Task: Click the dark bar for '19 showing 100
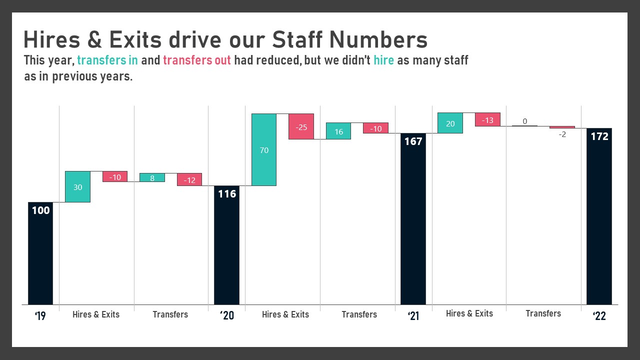click(x=40, y=253)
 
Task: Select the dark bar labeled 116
click(x=226, y=245)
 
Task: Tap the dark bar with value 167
click(x=413, y=218)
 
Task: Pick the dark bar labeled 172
click(x=599, y=216)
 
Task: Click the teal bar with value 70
click(x=264, y=149)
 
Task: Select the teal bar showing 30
click(x=77, y=186)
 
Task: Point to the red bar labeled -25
click(x=301, y=126)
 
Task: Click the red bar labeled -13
click(x=487, y=119)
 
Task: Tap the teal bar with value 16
click(x=338, y=131)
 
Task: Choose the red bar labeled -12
click(x=189, y=179)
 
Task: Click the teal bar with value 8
click(x=152, y=177)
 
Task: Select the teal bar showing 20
click(x=450, y=123)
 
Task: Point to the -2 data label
click(x=562, y=134)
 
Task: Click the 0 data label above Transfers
click(x=524, y=121)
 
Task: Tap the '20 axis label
click(x=226, y=315)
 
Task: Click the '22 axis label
click(x=599, y=315)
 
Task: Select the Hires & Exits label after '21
click(x=469, y=313)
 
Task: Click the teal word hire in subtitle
click(x=383, y=61)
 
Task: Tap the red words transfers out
click(x=197, y=61)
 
